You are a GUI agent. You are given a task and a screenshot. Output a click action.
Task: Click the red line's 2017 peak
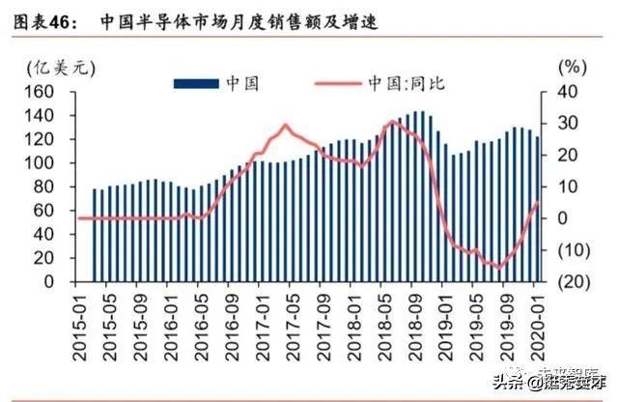click(x=285, y=125)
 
